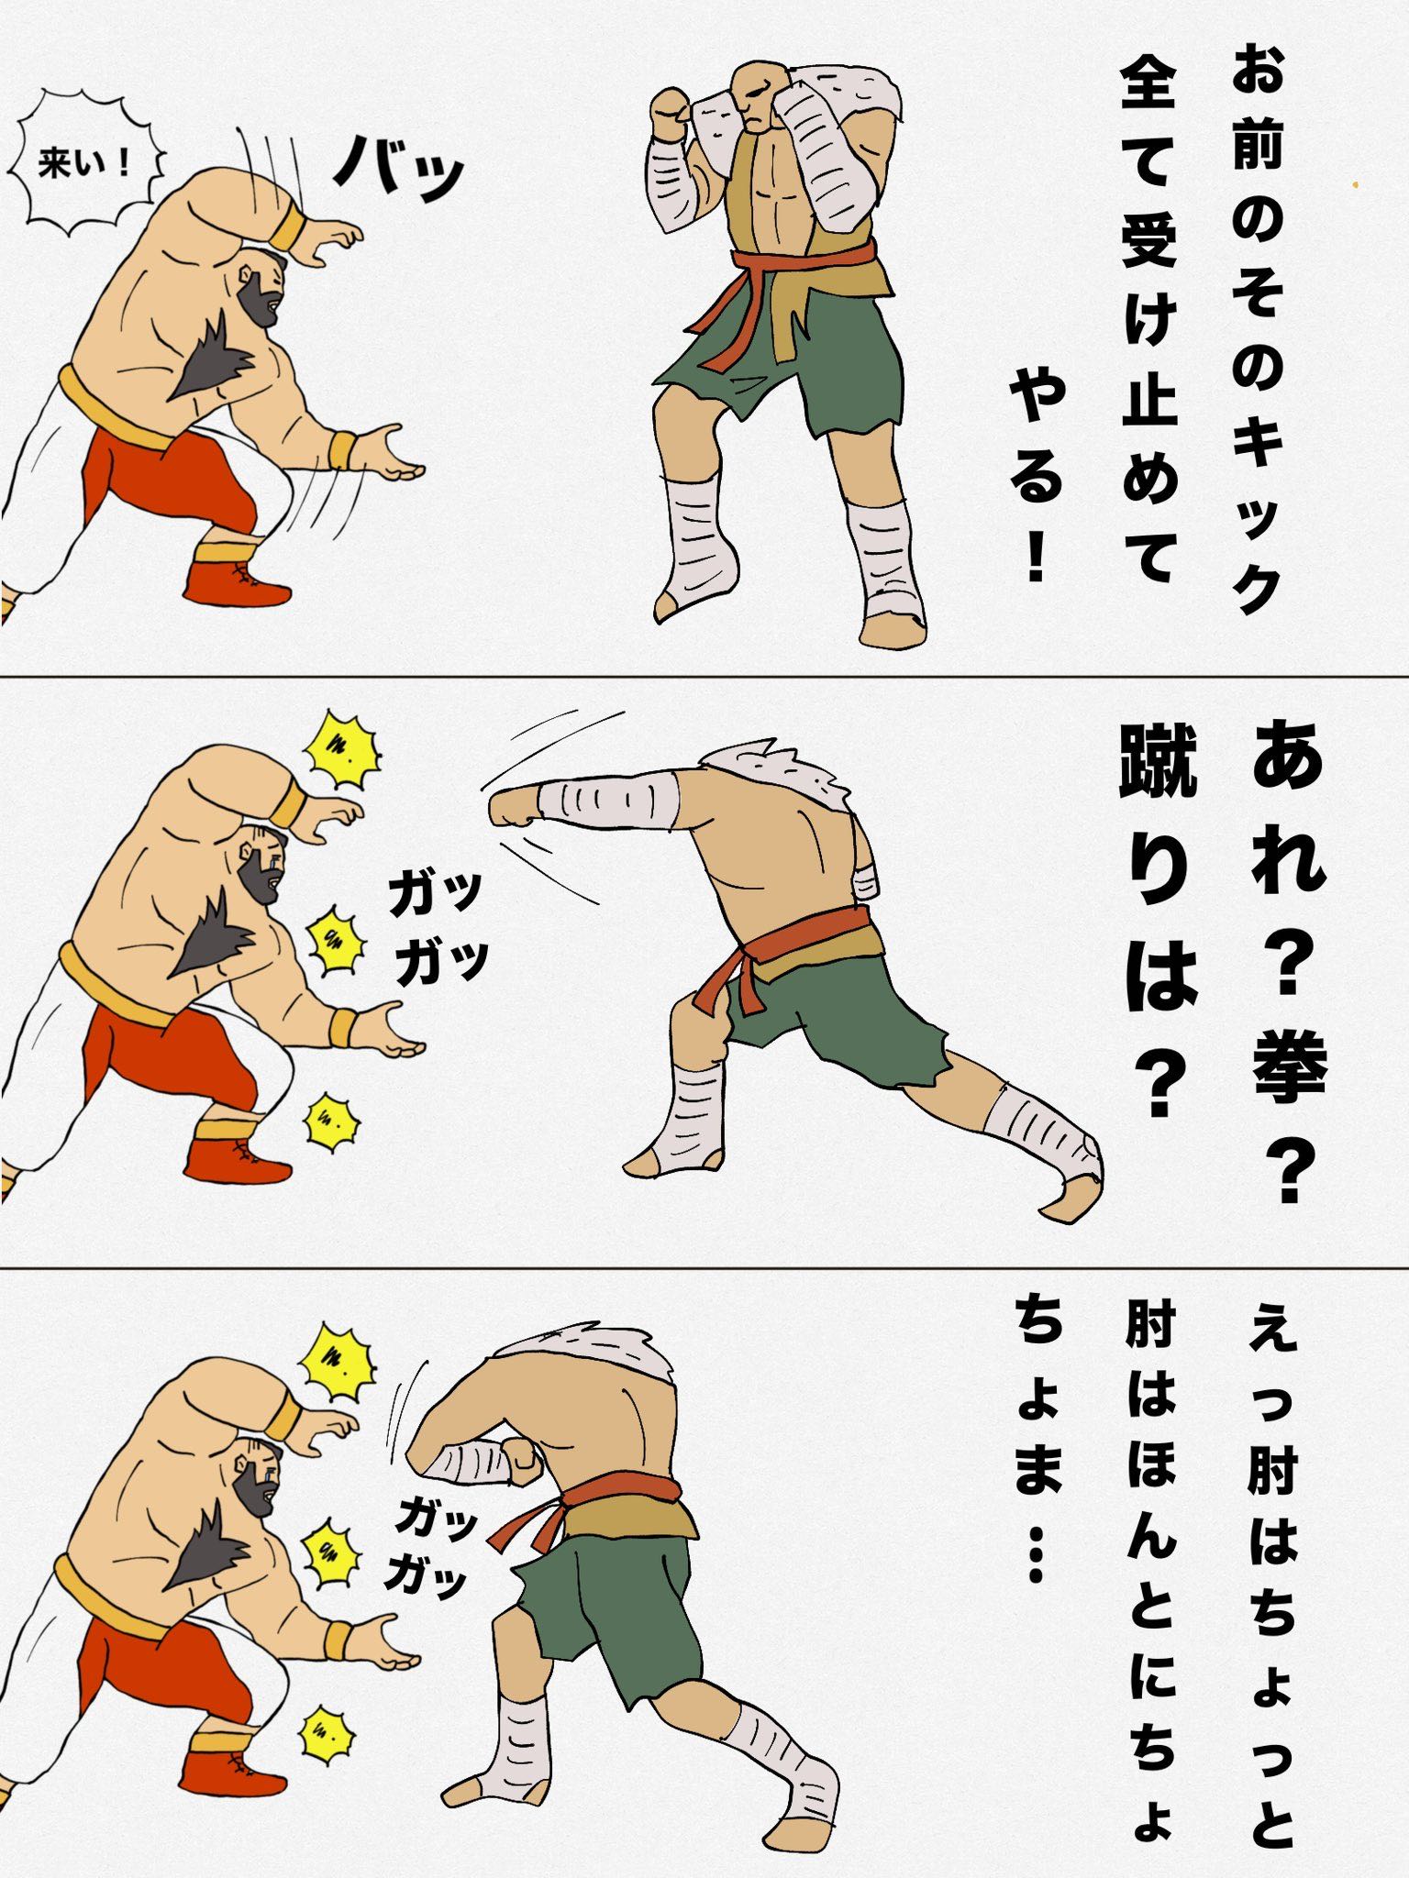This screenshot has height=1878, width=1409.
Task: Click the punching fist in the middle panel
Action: (x=514, y=804)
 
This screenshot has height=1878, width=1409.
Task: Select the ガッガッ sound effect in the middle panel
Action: (x=436, y=928)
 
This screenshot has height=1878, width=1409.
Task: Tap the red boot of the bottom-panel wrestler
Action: (x=231, y=1772)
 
